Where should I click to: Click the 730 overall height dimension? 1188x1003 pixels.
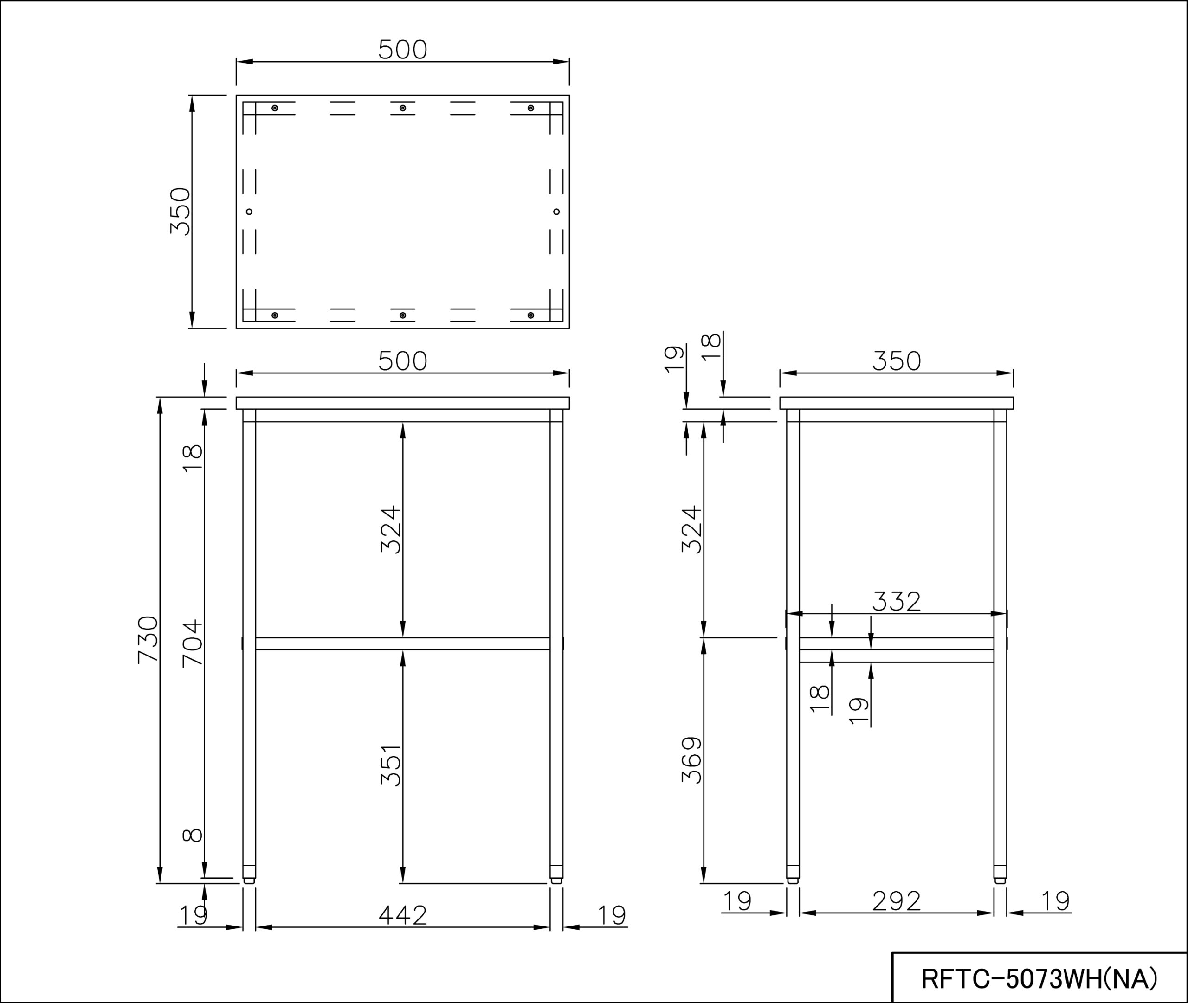147,639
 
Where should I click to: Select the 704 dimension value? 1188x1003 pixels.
192,643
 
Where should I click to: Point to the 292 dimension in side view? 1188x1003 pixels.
896,900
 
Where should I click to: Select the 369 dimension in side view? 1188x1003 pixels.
691,760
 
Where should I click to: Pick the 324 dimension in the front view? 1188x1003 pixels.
391,529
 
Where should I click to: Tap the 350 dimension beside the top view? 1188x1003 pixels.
180,211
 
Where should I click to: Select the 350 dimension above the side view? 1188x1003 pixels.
896,360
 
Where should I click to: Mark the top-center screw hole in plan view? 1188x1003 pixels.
403,108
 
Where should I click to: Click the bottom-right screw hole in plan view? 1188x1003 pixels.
530,315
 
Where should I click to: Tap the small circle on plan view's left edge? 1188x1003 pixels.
249,212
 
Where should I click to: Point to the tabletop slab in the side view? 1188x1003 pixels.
896,403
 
